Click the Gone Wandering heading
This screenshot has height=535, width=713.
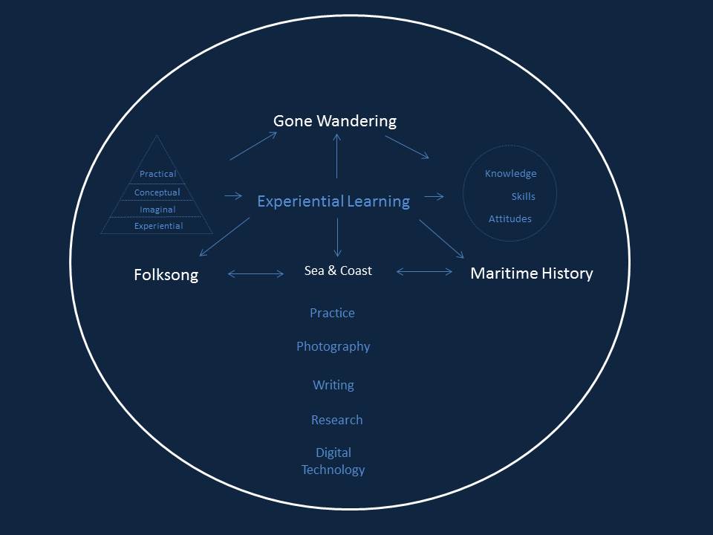pyautogui.click(x=334, y=120)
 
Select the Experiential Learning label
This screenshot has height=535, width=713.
pyautogui.click(x=333, y=201)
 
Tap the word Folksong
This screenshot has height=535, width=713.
pyautogui.click(x=166, y=275)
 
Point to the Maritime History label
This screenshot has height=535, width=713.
pyautogui.click(x=532, y=273)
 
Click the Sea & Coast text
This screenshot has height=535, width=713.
pyautogui.click(x=338, y=270)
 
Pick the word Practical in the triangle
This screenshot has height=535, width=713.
pyautogui.click(x=157, y=174)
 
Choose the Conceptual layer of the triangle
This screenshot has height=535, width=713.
pyautogui.click(x=157, y=192)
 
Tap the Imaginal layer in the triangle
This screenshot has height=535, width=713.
pyautogui.click(x=157, y=210)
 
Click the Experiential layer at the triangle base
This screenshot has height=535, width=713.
pyautogui.click(x=158, y=226)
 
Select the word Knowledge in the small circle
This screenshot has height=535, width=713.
pyautogui.click(x=510, y=174)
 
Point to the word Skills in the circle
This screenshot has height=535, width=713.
pyautogui.click(x=523, y=197)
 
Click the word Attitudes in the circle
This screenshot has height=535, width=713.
pyautogui.click(x=509, y=219)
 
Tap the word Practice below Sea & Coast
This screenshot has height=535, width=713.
pyautogui.click(x=332, y=313)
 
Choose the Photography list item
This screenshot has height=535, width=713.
pyautogui.click(x=333, y=346)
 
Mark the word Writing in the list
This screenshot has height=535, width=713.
pyautogui.click(x=333, y=385)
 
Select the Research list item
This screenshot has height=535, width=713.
pyautogui.click(x=336, y=420)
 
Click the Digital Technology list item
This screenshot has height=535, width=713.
pyautogui.click(x=333, y=461)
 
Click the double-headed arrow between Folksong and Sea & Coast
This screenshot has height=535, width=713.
pyautogui.click(x=255, y=274)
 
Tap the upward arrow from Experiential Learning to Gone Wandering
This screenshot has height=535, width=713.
pyautogui.click(x=337, y=156)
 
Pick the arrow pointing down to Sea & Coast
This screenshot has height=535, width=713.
pyautogui.click(x=337, y=238)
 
